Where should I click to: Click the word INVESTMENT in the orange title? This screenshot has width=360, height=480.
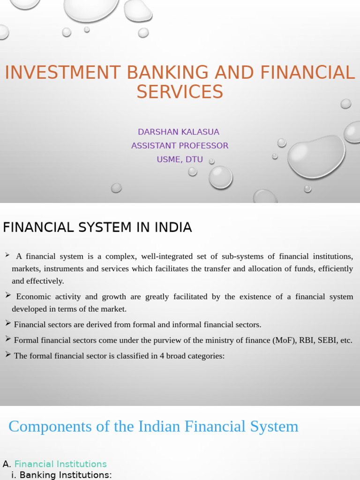[62, 73]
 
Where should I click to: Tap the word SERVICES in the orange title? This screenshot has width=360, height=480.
[180, 92]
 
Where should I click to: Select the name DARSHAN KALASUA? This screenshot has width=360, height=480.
[179, 132]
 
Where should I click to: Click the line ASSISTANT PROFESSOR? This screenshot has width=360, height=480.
[180, 146]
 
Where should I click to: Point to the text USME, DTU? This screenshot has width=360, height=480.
[180, 159]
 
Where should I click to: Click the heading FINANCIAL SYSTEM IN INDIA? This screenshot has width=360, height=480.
[97, 227]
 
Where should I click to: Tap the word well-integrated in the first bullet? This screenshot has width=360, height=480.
[167, 256]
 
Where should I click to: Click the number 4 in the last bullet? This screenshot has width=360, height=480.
[162, 356]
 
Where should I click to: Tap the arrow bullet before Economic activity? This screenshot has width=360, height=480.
[8, 295]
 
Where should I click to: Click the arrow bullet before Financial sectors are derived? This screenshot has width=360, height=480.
[8, 323]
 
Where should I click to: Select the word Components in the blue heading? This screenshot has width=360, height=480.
[50, 427]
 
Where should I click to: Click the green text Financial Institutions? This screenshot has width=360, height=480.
[60, 464]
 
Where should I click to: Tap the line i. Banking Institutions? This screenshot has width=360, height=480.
[61, 475]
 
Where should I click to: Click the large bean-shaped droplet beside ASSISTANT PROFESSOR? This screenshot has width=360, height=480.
[316, 157]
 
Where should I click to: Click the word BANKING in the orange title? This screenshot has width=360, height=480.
[167, 73]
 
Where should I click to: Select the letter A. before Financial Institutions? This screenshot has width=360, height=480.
[7, 464]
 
